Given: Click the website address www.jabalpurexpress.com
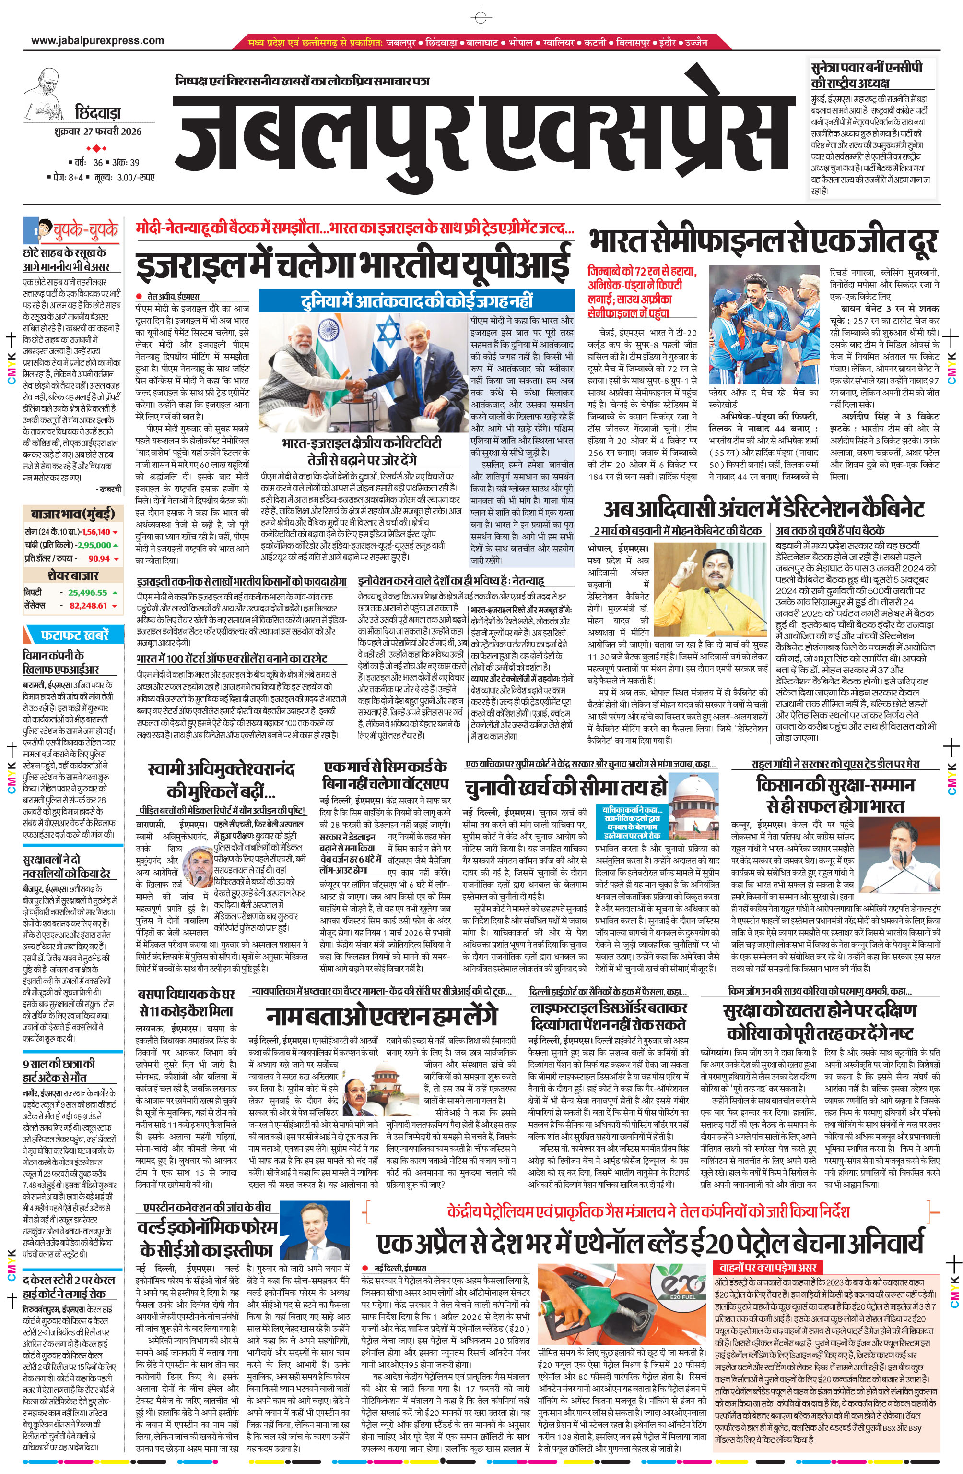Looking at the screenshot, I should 98,41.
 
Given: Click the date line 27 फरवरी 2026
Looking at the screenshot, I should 98,132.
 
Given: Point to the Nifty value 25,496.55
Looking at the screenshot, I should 87,592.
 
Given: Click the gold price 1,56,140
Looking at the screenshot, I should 96,532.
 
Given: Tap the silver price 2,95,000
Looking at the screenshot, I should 94,545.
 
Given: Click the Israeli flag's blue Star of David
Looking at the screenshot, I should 388,333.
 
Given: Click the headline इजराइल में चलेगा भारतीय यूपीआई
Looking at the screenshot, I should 353,264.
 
